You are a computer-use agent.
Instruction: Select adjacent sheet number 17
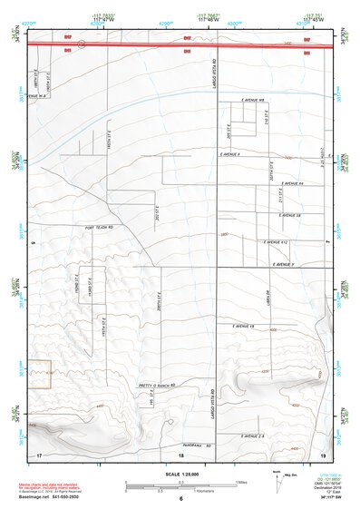pyautogui.click(x=40, y=453)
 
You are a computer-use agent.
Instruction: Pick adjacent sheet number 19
pyautogui.click(x=324, y=453)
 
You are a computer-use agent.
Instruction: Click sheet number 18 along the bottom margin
pyautogui.click(x=180, y=452)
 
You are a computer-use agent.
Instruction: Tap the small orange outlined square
pyautogui.click(x=39, y=375)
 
